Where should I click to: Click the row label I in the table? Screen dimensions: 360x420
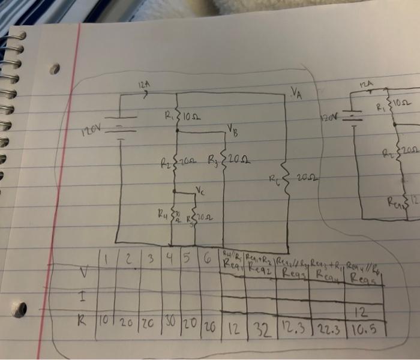[x=82, y=296]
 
